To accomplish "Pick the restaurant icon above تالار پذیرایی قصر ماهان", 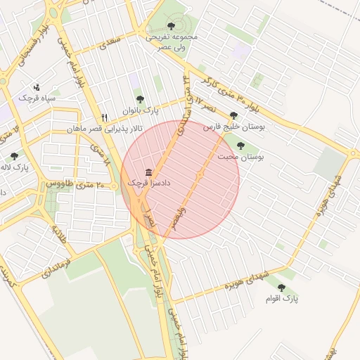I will pyautogui.click(x=105, y=117).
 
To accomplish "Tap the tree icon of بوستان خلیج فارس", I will pyautogui.click(x=233, y=116).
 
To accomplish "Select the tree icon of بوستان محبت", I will pyautogui.click(x=240, y=146).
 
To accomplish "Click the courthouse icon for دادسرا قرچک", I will pyautogui.click(x=148, y=172).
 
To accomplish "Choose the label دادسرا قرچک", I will pyautogui.click(x=149, y=183).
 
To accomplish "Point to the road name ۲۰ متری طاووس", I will pyautogui.click(x=75, y=184).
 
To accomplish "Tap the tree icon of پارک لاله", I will pyautogui.click(x=14, y=156).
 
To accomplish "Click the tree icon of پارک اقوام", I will pyautogui.click(x=281, y=288).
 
